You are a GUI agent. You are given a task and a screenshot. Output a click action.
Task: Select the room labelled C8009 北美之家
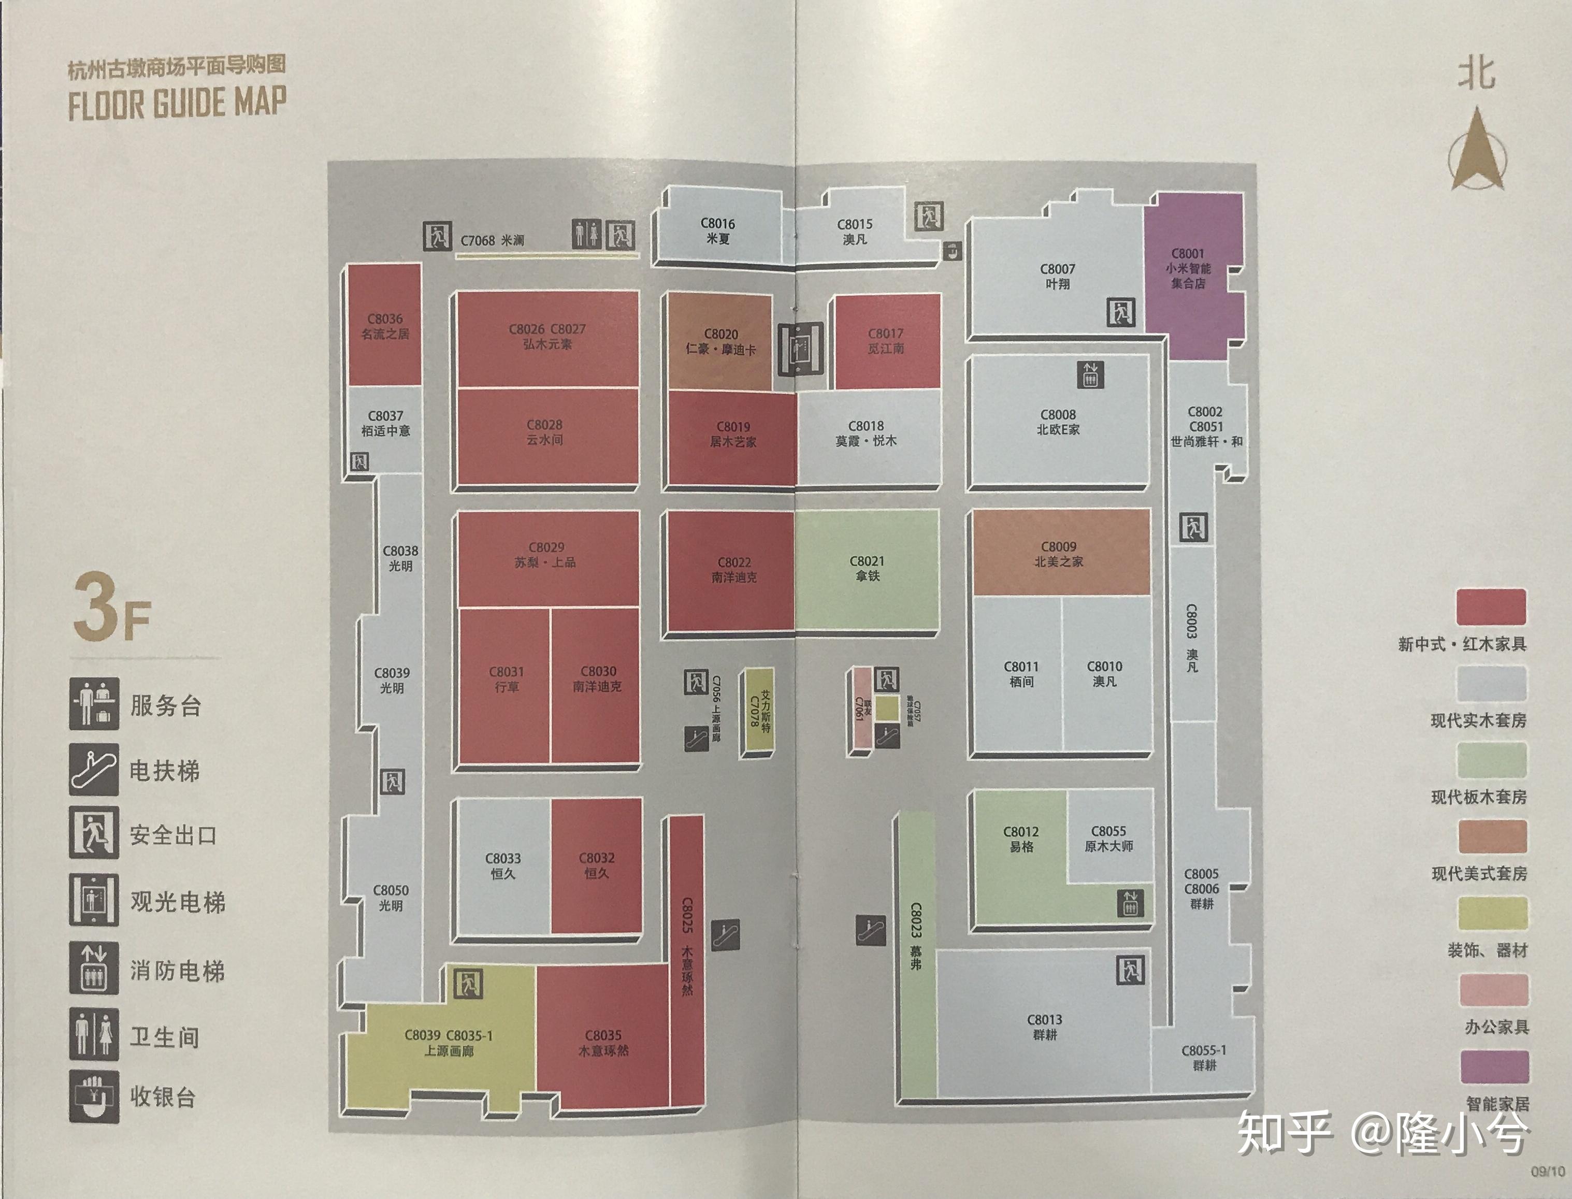point(1060,553)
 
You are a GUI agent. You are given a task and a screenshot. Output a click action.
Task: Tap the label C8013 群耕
point(1045,1027)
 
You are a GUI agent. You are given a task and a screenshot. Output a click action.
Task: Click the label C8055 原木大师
point(1108,839)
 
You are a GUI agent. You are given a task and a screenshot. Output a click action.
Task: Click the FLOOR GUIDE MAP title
point(177,102)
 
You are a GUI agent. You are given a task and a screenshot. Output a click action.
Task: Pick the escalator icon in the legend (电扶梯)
point(93,769)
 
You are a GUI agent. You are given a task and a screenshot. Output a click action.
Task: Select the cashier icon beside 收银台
point(93,1096)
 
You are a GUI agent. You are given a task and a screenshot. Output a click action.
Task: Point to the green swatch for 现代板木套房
point(1491,760)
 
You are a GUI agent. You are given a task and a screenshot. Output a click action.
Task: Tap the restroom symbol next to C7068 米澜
point(587,234)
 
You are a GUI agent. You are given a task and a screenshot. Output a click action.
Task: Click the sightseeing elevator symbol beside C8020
point(800,348)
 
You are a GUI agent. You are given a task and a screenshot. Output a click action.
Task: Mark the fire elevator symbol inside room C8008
point(1090,374)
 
